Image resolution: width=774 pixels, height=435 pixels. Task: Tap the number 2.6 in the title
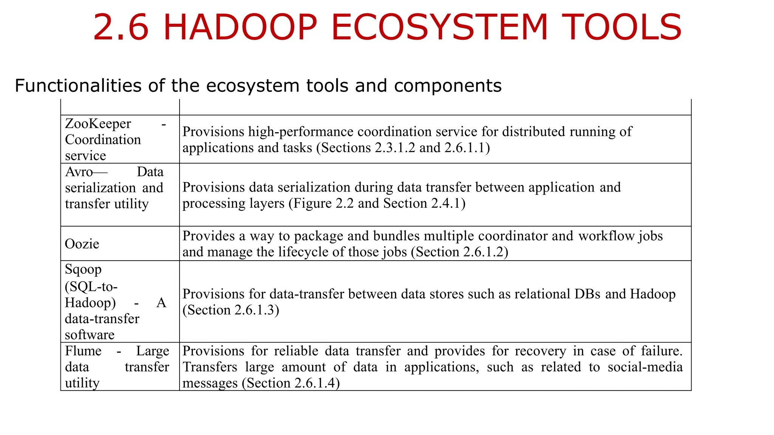[121, 27]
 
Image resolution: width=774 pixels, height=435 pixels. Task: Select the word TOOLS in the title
[621, 27]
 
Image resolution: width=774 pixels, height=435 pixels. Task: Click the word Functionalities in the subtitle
[78, 86]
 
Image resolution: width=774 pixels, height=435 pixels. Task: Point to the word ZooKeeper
[98, 123]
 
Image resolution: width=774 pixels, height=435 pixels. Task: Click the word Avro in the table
[79, 172]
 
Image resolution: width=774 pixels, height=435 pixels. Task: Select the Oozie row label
[82, 244]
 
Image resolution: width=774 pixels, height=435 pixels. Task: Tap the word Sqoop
[83, 270]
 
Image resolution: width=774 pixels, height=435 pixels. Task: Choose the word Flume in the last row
[83, 351]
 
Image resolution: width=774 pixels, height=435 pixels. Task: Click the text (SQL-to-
[91, 287]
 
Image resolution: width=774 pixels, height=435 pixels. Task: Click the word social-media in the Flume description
[645, 367]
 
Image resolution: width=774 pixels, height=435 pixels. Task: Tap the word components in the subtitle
[447, 86]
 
